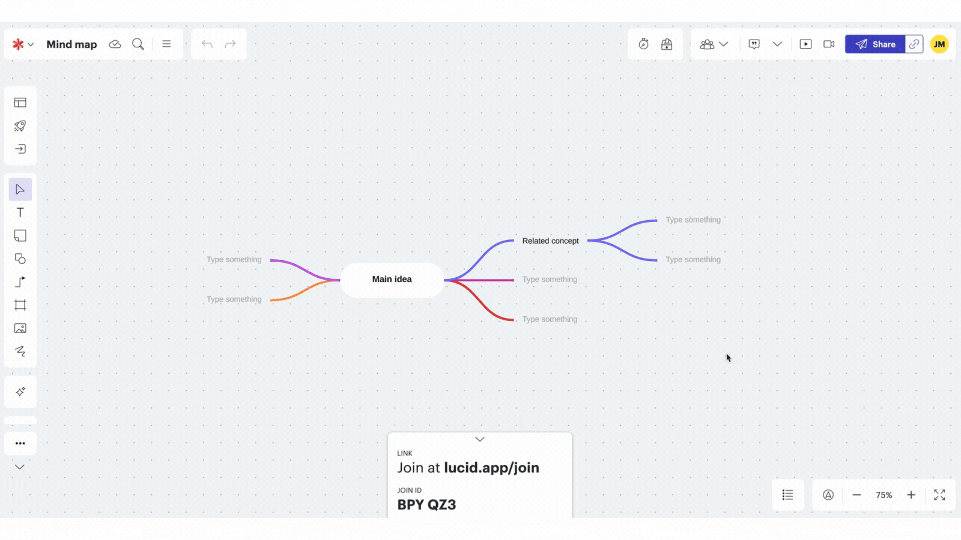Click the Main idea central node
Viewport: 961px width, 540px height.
click(x=392, y=280)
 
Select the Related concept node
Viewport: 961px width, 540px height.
click(x=550, y=241)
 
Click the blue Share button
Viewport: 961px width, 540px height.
click(x=875, y=44)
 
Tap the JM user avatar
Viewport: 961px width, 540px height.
click(x=939, y=44)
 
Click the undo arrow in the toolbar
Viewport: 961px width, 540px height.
click(x=207, y=44)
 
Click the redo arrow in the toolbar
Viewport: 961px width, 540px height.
click(x=230, y=44)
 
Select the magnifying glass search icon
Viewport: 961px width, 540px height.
click(x=138, y=44)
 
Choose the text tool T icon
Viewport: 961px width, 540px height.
click(x=20, y=213)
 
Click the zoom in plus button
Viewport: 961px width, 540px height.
click(x=911, y=495)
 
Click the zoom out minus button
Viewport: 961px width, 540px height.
click(x=856, y=495)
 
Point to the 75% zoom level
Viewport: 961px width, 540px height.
click(x=884, y=495)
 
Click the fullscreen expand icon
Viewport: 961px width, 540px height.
click(x=939, y=495)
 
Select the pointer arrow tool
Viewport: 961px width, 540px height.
click(x=20, y=190)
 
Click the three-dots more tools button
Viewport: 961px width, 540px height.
click(x=20, y=443)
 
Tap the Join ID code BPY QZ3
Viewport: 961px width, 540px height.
click(x=426, y=505)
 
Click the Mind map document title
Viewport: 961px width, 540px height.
click(x=71, y=44)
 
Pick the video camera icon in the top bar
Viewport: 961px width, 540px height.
click(x=829, y=44)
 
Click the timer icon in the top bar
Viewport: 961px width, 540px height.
click(x=643, y=44)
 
